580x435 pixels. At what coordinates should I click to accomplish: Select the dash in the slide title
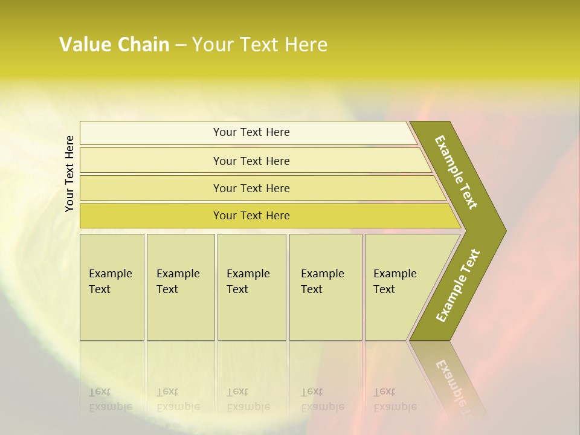[181, 45]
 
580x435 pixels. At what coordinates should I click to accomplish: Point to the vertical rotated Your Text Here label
[69, 173]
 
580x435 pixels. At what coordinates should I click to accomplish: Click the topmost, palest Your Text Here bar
[251, 132]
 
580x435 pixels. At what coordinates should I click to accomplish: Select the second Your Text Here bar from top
[251, 161]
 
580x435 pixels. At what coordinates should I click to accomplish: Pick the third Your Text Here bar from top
[251, 188]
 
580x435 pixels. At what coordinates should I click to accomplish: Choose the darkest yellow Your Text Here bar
[251, 216]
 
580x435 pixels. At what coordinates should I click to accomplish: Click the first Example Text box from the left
[112, 287]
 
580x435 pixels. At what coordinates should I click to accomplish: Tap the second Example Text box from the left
[180, 287]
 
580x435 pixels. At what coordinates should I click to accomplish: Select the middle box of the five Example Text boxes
[251, 287]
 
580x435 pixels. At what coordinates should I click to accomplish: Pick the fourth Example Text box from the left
[325, 287]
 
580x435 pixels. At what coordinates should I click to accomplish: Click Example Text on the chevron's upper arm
[456, 172]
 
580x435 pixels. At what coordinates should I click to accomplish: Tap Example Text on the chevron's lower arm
[458, 285]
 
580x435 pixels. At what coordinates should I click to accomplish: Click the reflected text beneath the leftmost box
[110, 399]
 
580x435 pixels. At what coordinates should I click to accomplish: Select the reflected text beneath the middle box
[248, 399]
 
